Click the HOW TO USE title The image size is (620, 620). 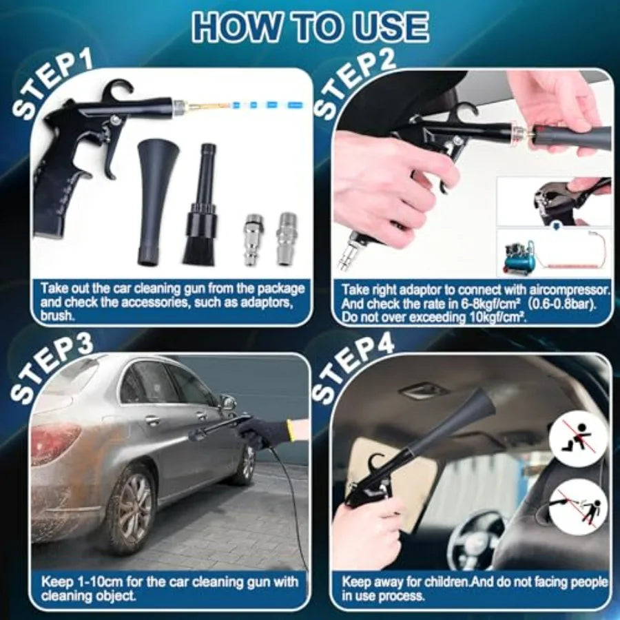pos(310,26)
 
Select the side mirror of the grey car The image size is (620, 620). pos(228,403)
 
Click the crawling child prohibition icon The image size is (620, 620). pos(578,438)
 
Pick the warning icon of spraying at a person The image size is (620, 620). pos(578,506)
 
